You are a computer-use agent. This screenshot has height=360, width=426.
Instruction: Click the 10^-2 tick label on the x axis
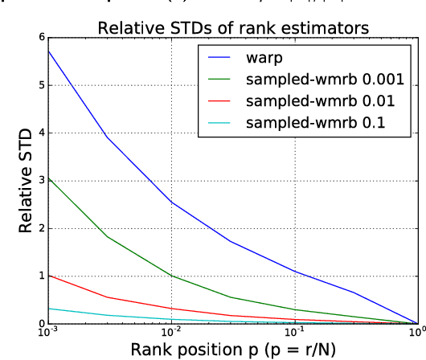170,331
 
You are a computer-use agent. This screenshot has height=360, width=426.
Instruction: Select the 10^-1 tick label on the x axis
293,331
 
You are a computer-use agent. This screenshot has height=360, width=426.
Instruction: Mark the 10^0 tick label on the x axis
416,331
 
